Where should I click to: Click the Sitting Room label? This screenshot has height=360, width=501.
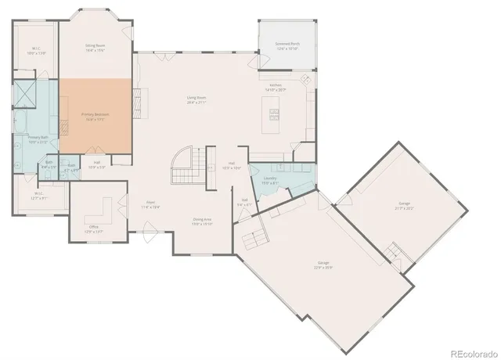96,48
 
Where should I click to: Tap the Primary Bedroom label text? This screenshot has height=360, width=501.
96,117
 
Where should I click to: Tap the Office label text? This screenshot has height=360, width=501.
94,229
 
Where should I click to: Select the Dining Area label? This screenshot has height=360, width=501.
203,221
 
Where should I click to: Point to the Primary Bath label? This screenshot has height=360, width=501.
38,140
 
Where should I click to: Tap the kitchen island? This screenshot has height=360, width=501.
275,116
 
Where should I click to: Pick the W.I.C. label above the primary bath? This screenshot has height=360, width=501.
37,51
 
